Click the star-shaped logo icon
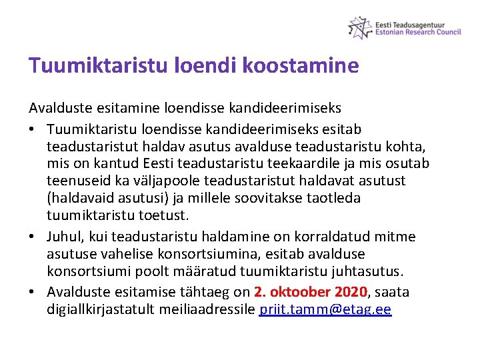point(360,27)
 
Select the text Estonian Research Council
point(418,32)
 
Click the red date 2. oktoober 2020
point(311,292)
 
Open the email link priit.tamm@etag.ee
point(325,309)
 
